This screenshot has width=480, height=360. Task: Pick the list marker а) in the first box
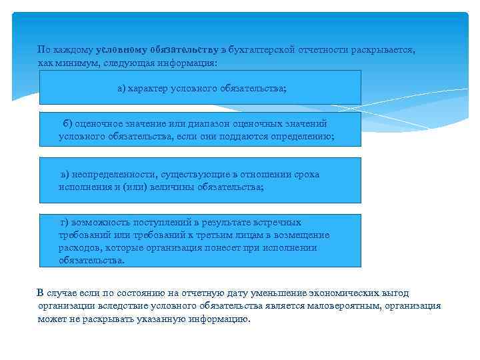pyautogui.click(x=121, y=88)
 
